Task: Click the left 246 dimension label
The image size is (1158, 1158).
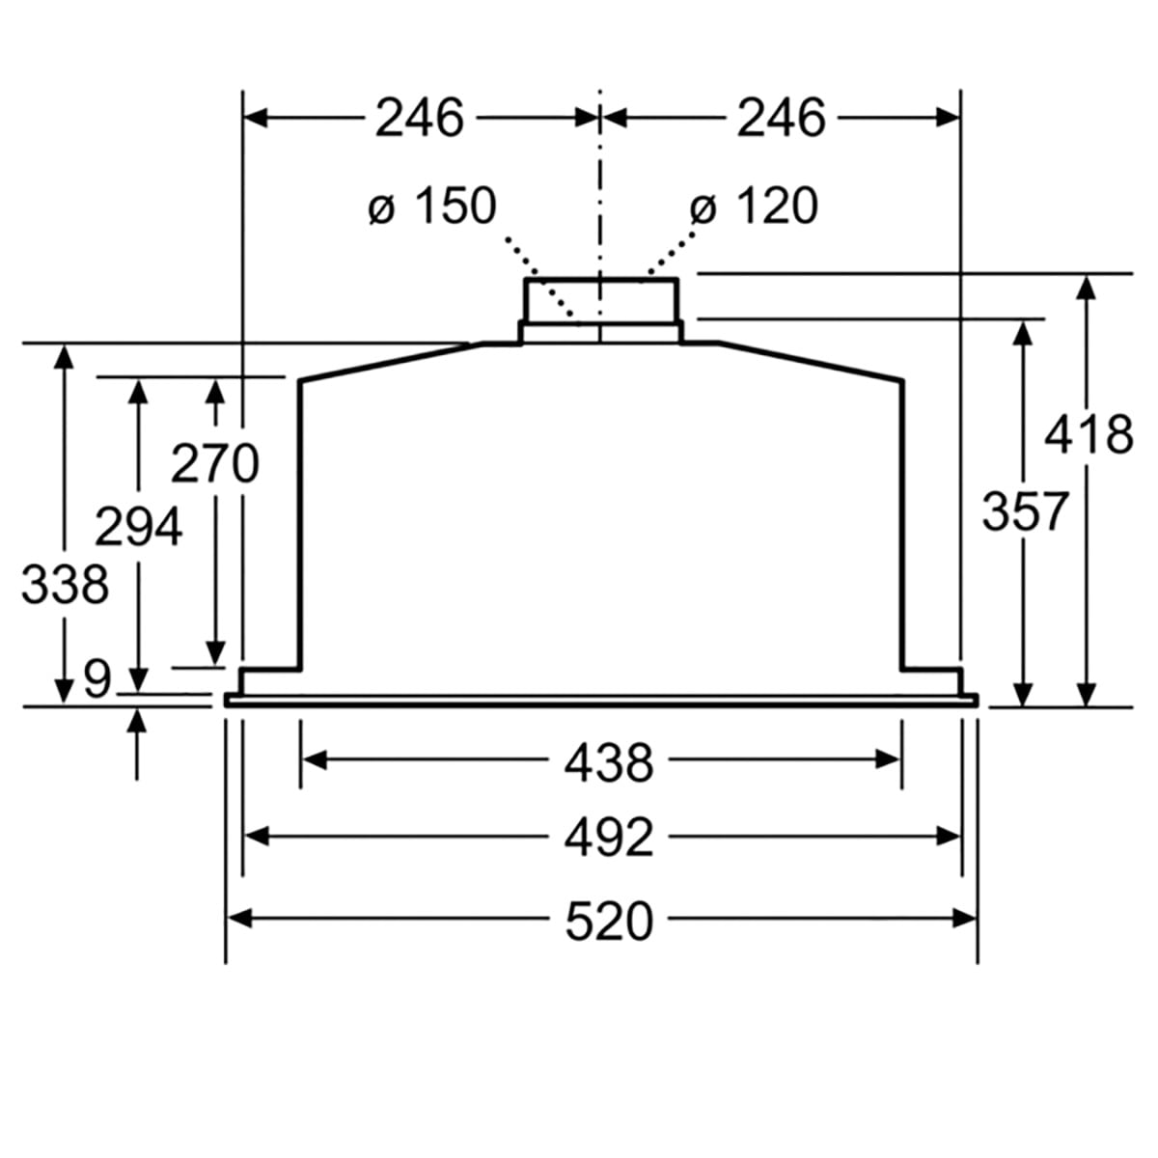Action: [x=420, y=118]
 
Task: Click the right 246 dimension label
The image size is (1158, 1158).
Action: [x=782, y=118]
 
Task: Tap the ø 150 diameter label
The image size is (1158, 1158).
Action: [x=433, y=206]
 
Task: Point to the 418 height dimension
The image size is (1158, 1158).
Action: [x=1089, y=434]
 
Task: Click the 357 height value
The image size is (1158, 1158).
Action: [x=1025, y=510]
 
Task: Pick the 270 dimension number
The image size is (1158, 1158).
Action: [x=215, y=463]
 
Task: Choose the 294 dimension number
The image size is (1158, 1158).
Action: [x=139, y=527]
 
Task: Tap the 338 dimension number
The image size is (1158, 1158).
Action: [x=65, y=585]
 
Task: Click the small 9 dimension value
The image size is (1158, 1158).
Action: [x=96, y=678]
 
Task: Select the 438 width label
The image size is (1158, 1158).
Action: [x=609, y=762]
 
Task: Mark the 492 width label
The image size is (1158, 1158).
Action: [x=609, y=838]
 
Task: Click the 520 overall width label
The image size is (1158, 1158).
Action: [x=609, y=921]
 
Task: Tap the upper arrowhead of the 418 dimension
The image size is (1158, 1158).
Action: [x=1088, y=288]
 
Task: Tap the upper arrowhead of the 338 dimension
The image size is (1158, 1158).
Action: [x=65, y=356]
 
